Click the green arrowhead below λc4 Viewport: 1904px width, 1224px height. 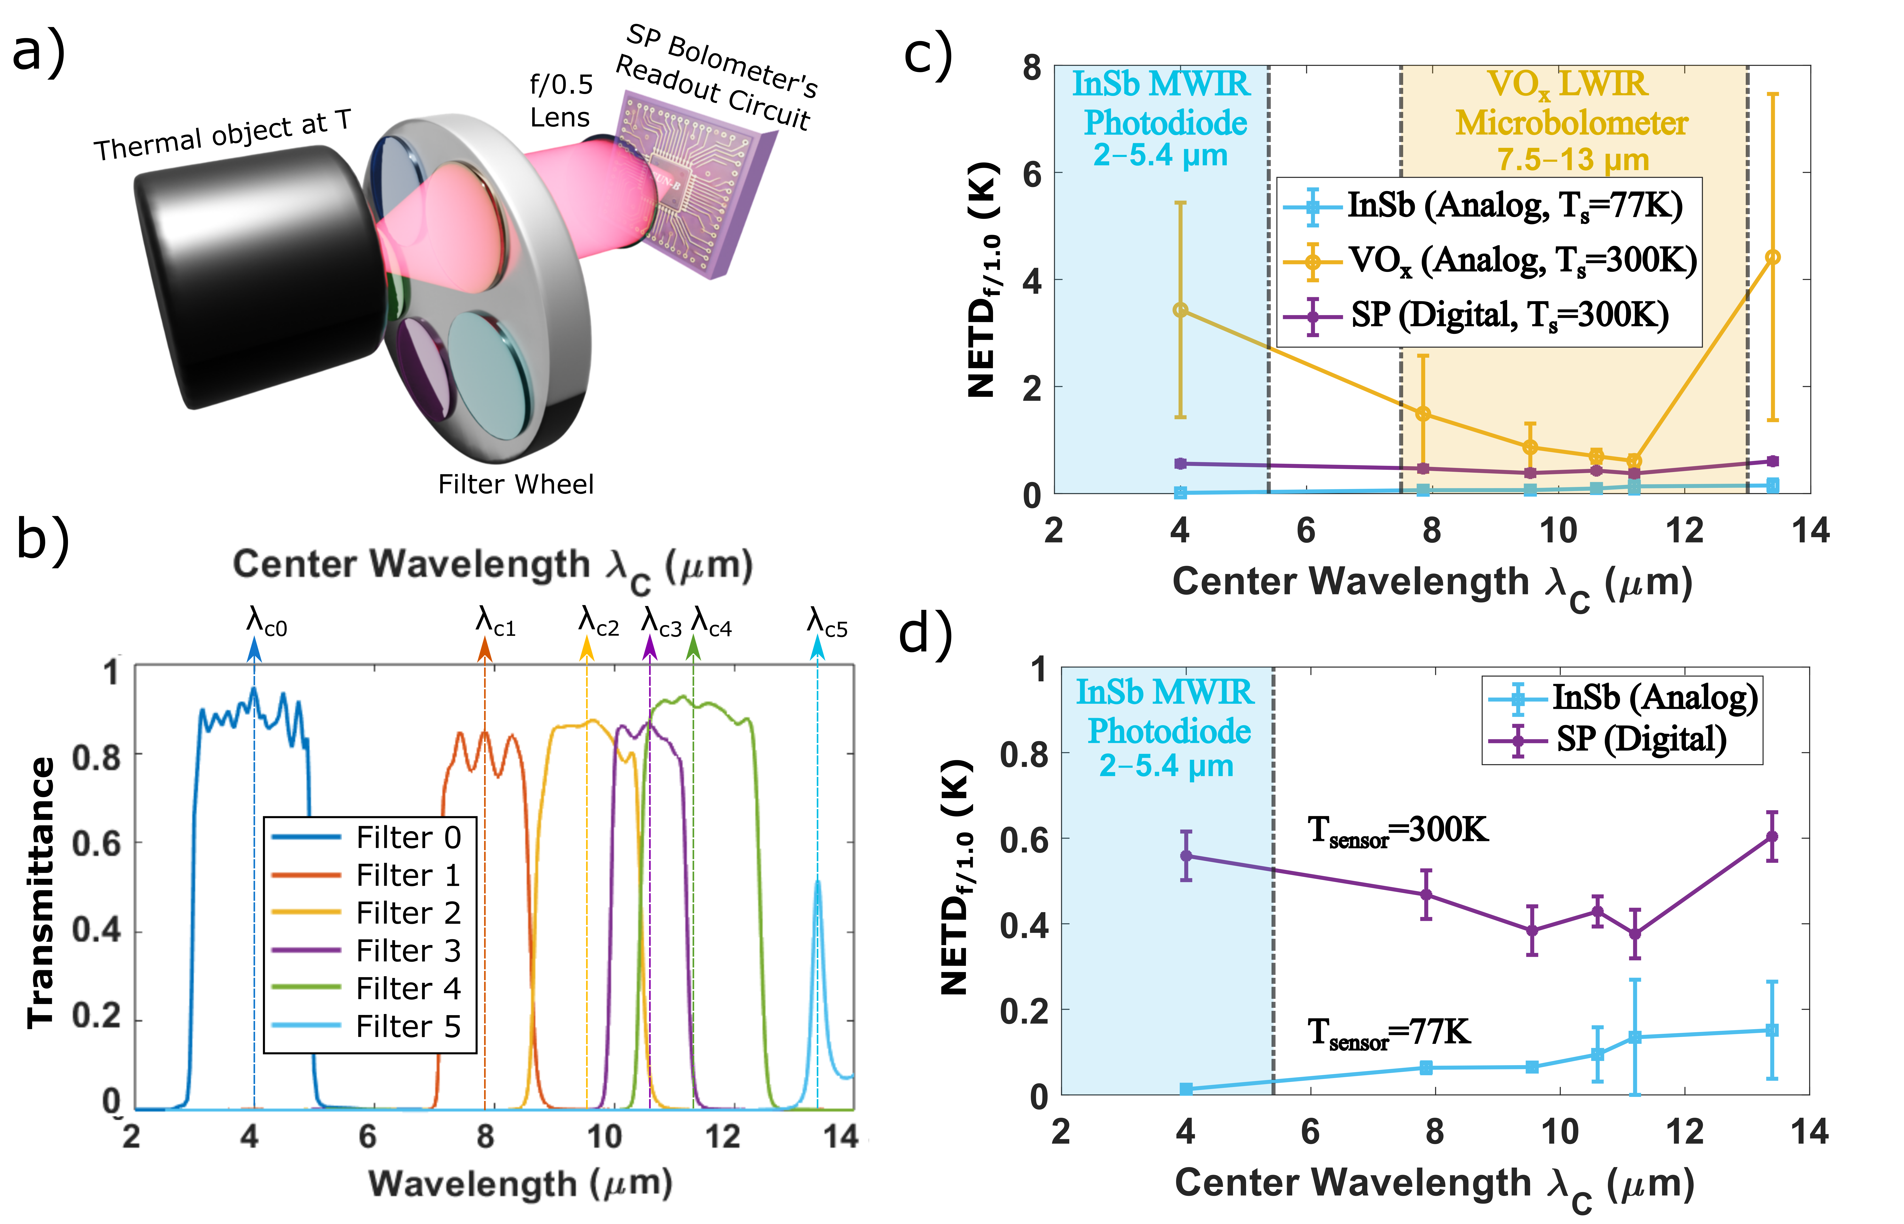coord(693,650)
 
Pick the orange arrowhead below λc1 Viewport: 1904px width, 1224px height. coord(484,650)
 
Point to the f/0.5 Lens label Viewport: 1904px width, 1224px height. coord(561,101)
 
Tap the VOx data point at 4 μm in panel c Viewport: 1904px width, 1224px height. coord(1180,310)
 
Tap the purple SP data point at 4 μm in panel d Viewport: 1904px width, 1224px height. coord(1186,856)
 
